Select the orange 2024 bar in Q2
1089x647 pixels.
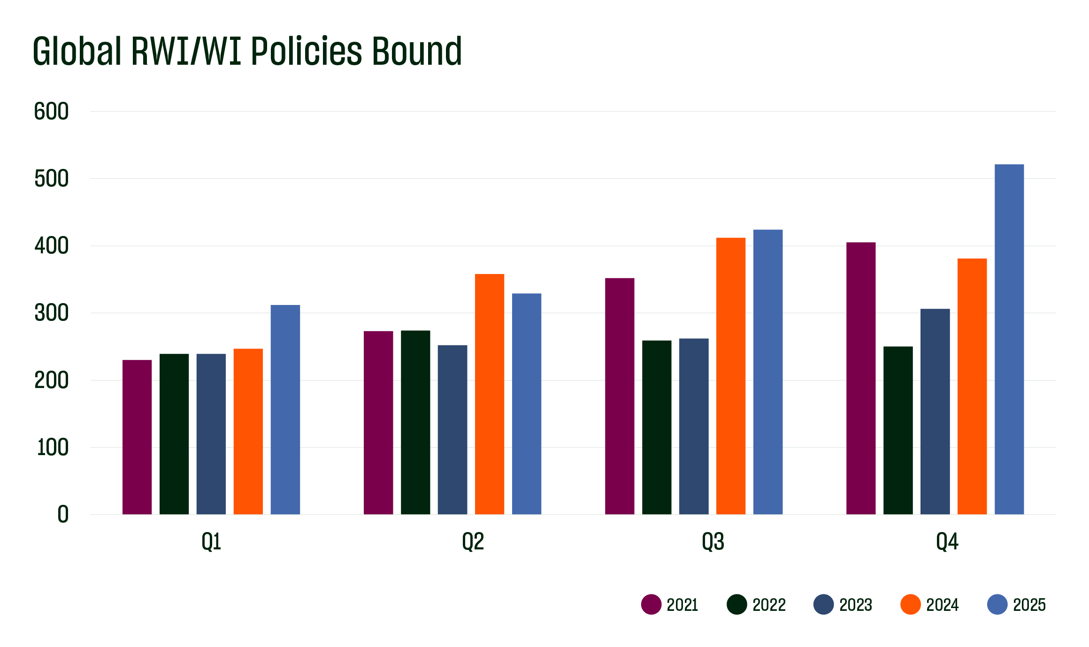click(489, 394)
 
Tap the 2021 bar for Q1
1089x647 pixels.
click(137, 437)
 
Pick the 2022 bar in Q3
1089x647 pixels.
click(656, 427)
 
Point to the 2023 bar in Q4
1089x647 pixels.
click(935, 411)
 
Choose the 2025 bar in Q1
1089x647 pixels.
click(285, 410)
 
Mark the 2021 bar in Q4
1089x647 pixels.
click(860, 378)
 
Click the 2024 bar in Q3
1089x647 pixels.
click(730, 376)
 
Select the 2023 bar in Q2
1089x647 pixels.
click(452, 430)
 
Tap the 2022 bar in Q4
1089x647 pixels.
click(897, 430)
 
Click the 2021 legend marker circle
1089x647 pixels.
click(651, 604)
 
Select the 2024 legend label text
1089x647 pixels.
click(942, 605)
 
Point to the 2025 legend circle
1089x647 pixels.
click(997, 604)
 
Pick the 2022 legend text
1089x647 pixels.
click(769, 605)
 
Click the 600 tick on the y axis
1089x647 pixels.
click(51, 112)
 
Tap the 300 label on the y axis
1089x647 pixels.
click(51, 313)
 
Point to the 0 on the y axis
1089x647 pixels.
click(63, 514)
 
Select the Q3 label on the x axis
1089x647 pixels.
click(713, 542)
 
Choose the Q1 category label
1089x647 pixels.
click(211, 542)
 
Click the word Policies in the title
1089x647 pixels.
click(307, 51)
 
